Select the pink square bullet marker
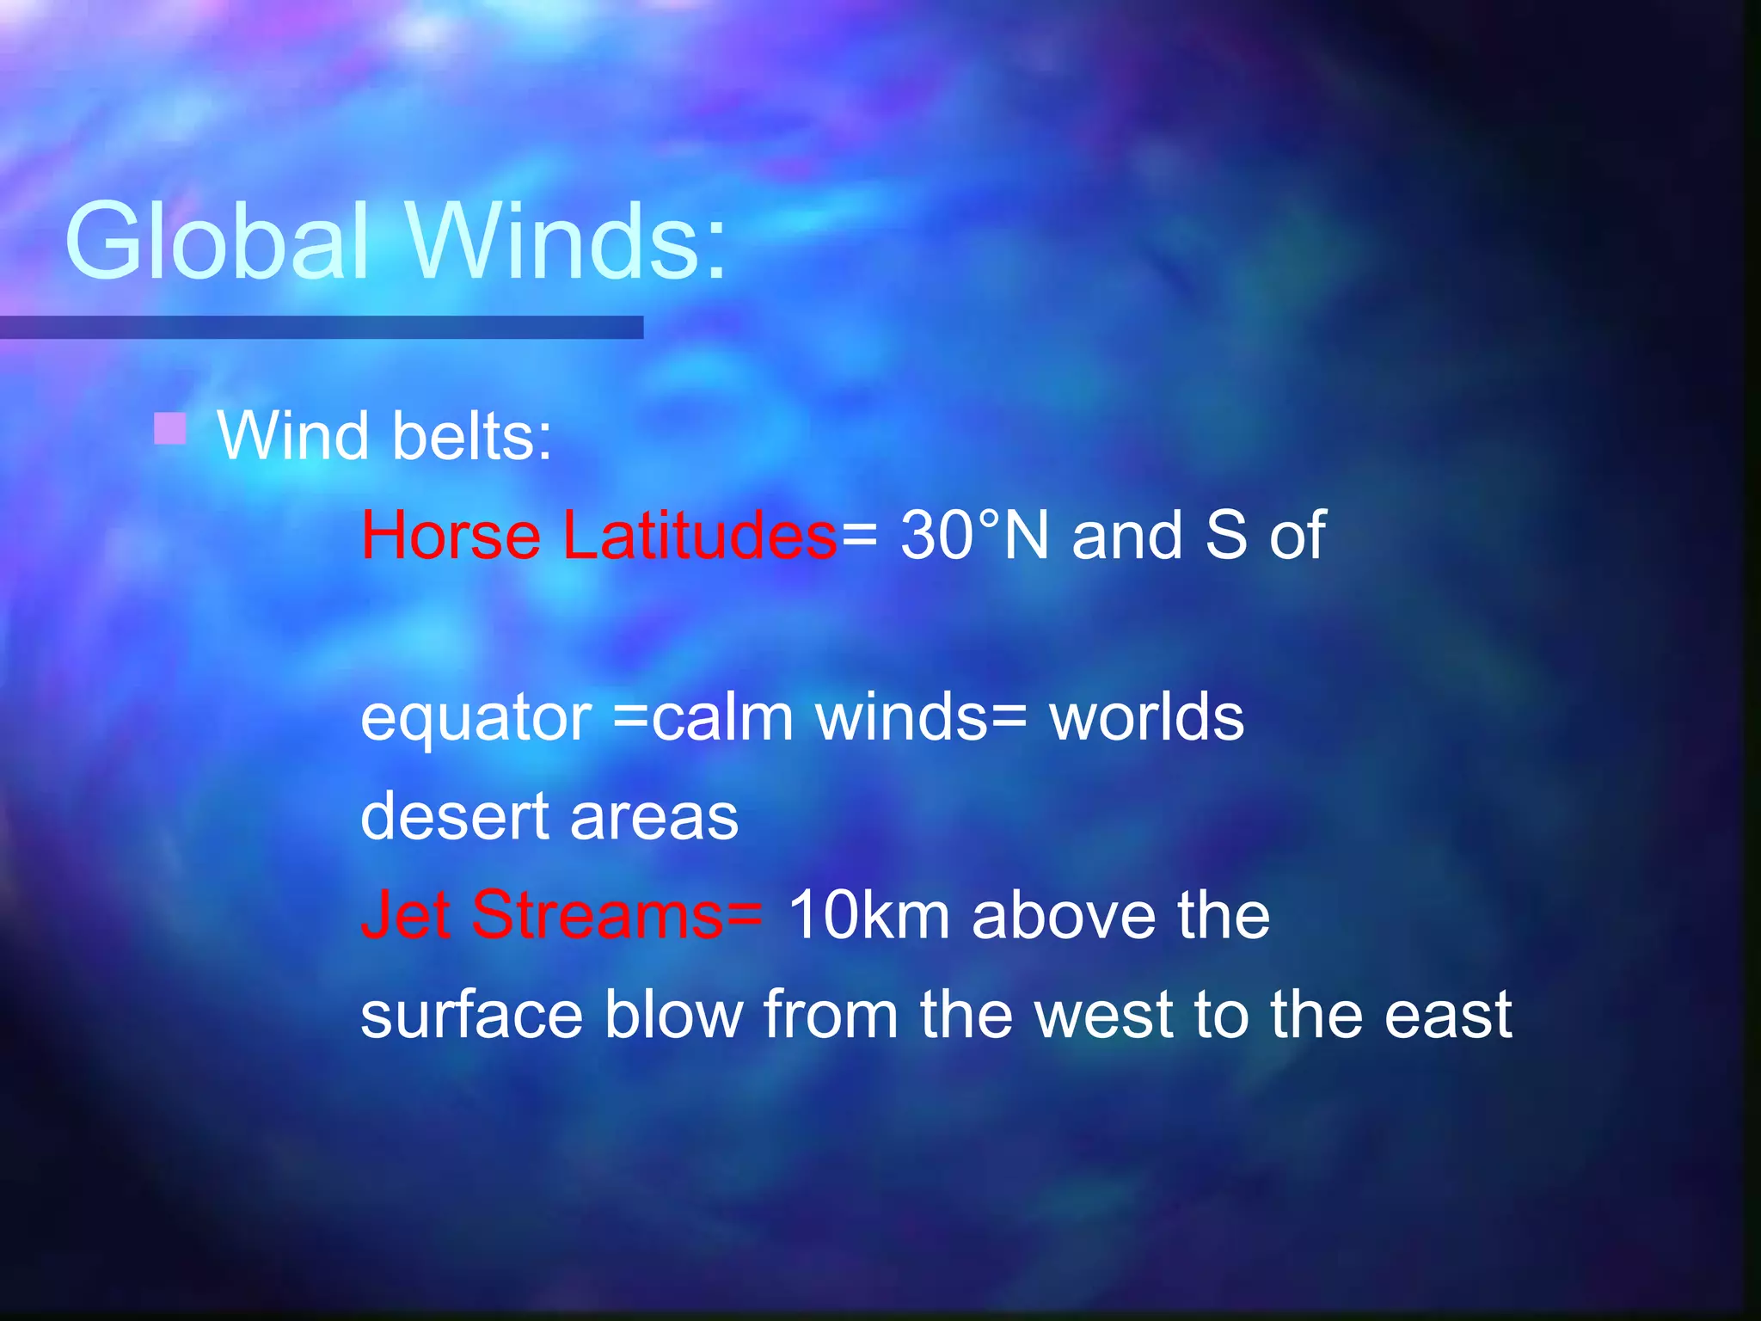point(170,427)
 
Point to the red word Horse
point(451,536)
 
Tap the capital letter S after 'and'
point(1226,536)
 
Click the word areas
point(653,818)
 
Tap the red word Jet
point(405,915)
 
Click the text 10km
point(868,915)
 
